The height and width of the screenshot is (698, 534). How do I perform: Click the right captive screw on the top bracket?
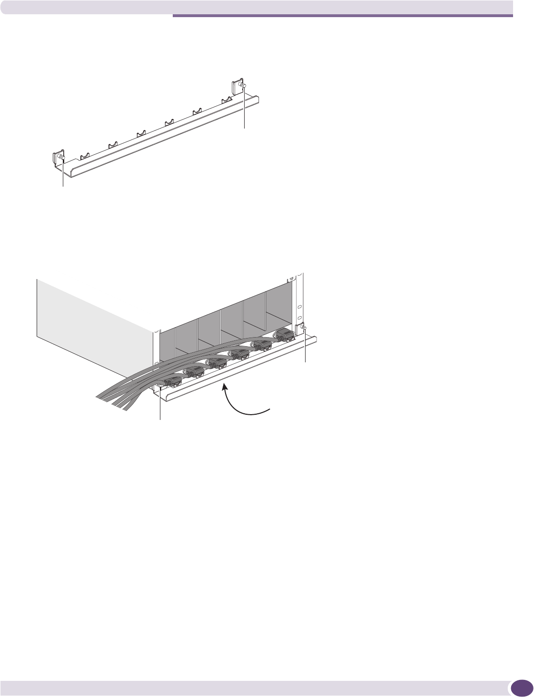tap(242, 86)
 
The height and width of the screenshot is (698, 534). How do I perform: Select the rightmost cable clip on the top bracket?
tap(227, 100)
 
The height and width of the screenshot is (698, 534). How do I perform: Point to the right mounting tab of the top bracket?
tap(237, 88)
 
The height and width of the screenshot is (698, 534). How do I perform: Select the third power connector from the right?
tap(239, 354)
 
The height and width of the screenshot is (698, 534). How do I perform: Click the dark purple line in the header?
tap(343, 16)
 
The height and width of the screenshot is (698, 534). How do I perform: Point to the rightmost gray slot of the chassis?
tap(278, 309)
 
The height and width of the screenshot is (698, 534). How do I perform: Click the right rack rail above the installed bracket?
tap(300, 300)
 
